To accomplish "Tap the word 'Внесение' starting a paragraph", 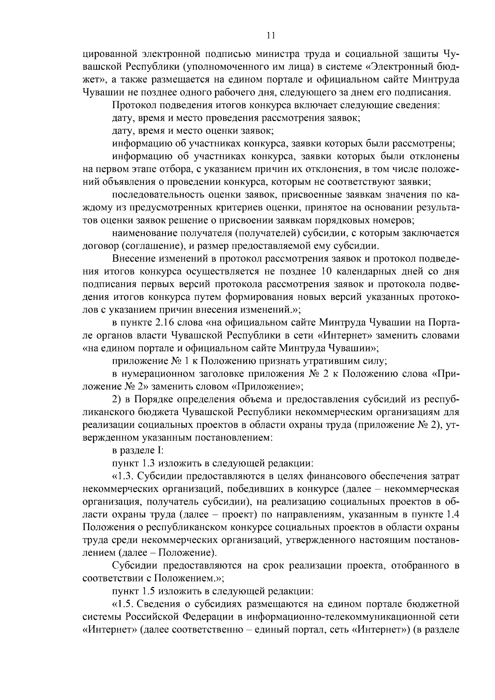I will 132,259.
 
